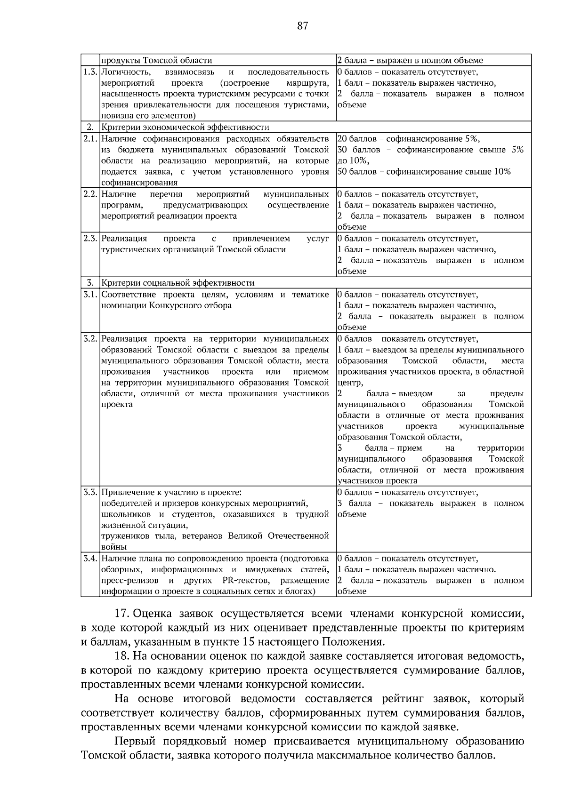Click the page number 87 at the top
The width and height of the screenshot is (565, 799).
pos(303,26)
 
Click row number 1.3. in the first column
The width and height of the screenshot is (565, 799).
pos(90,72)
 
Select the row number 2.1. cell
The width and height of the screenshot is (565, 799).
pos(90,139)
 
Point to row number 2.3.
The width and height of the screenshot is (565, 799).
pos(90,239)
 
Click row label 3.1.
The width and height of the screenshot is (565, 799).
pos(90,295)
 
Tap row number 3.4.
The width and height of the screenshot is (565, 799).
pos(90,559)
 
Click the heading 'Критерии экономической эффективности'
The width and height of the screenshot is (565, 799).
pos(185,128)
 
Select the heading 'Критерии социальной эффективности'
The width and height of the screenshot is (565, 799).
pos(178,283)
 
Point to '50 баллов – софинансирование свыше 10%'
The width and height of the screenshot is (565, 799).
pos(424,172)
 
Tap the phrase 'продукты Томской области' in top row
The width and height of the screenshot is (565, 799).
pos(157,60)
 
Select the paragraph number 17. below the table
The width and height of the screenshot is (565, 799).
pos(124,614)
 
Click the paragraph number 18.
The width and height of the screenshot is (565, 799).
pos(124,656)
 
